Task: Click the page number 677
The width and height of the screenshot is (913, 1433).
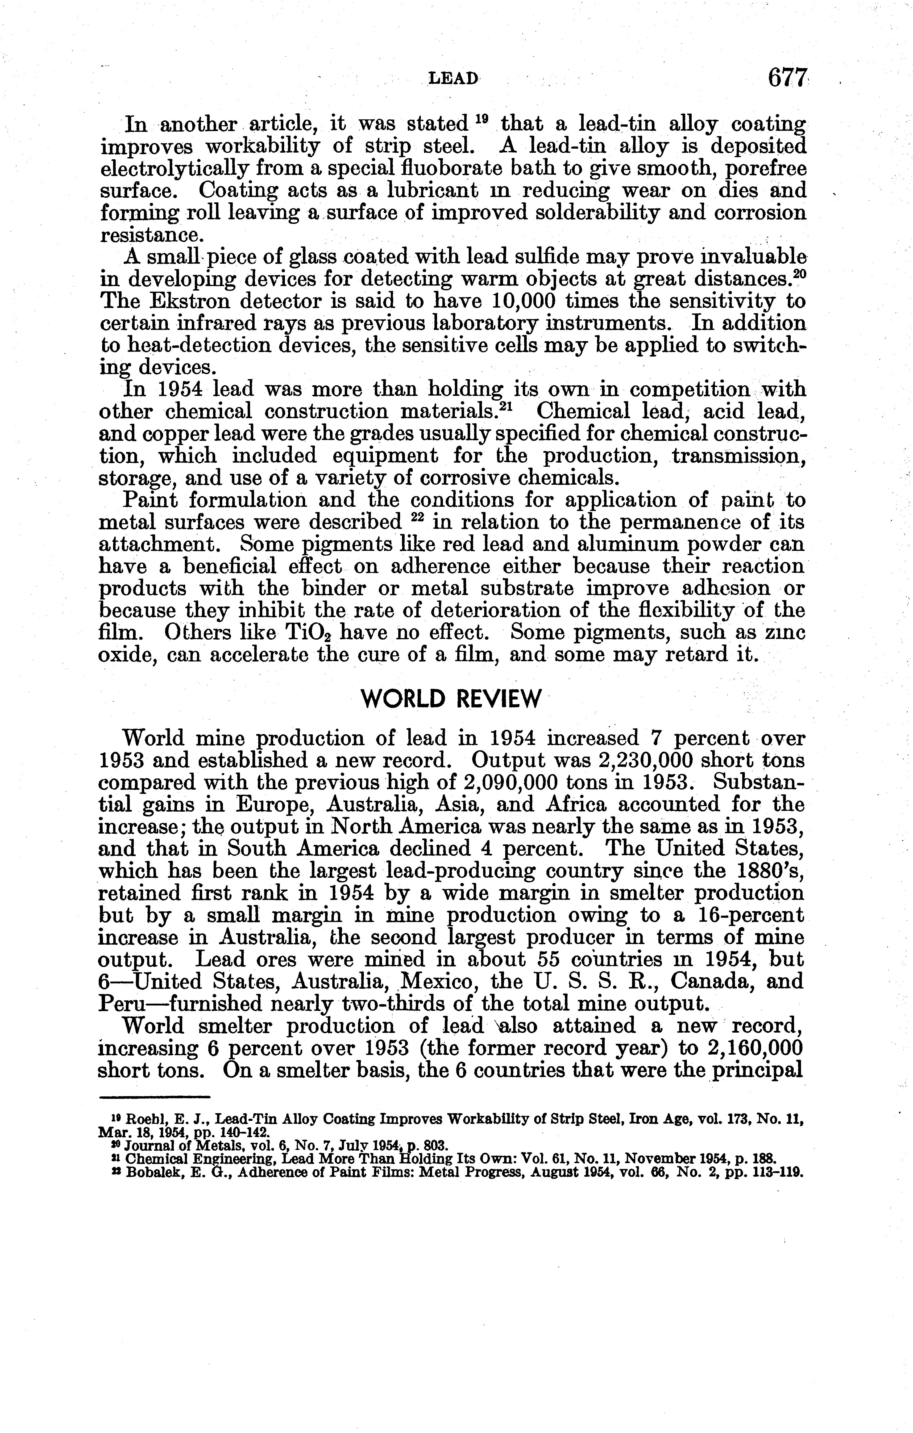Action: tap(787, 78)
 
